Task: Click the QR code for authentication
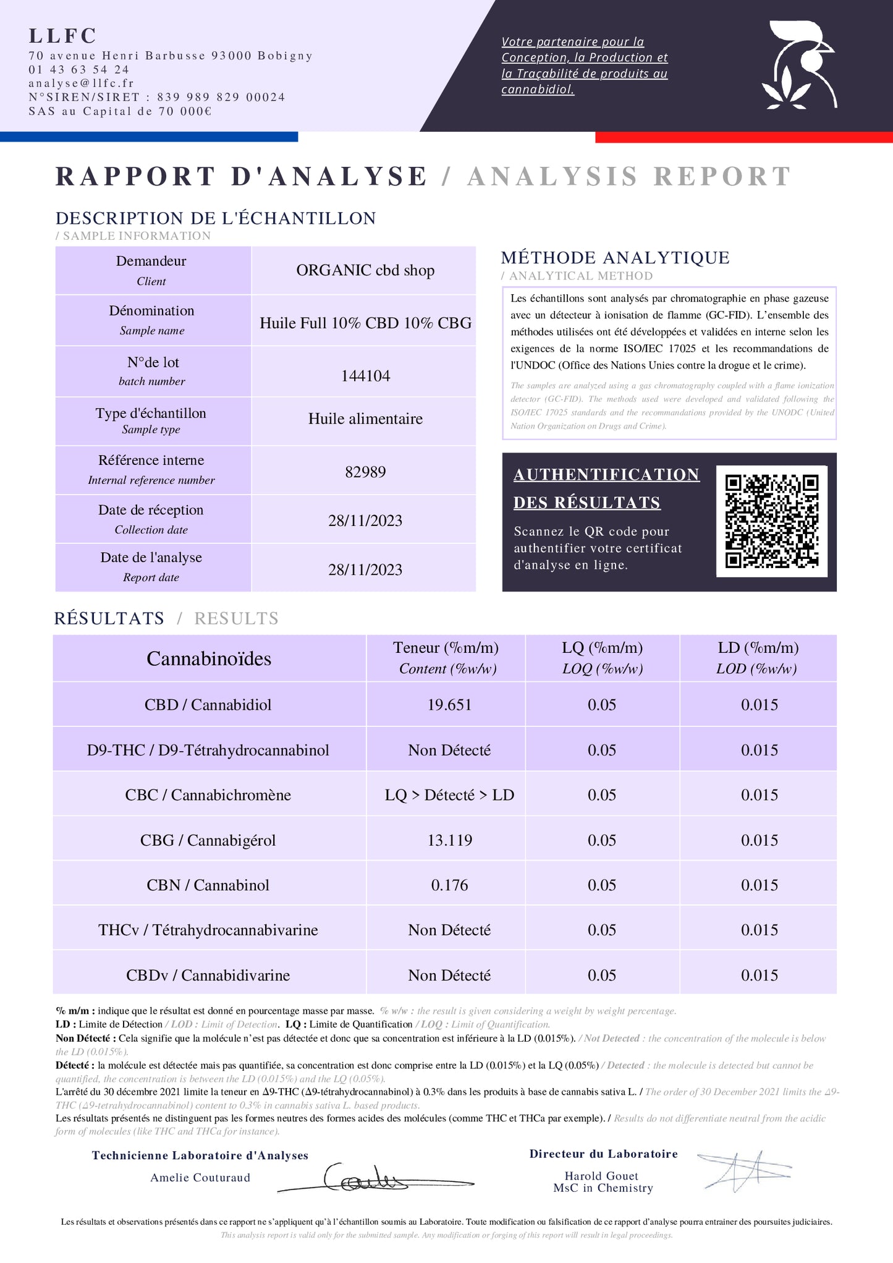coord(771,521)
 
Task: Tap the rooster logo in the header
coord(800,65)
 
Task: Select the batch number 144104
coord(365,376)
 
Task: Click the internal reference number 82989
coord(365,472)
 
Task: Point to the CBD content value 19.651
coord(449,705)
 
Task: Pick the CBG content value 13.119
coord(449,840)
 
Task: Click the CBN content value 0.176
coord(449,885)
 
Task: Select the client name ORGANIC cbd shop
coord(365,270)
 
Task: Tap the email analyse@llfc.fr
coord(81,83)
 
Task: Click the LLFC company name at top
coord(63,36)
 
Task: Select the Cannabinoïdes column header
coord(209,658)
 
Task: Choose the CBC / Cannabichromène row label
coord(208,795)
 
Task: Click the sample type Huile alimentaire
coord(365,419)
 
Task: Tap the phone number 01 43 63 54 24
coord(79,69)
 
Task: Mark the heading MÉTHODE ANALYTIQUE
coord(615,258)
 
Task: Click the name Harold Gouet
coord(601,1176)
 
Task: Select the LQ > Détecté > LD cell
coord(449,795)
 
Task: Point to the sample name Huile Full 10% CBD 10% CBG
coord(365,323)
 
